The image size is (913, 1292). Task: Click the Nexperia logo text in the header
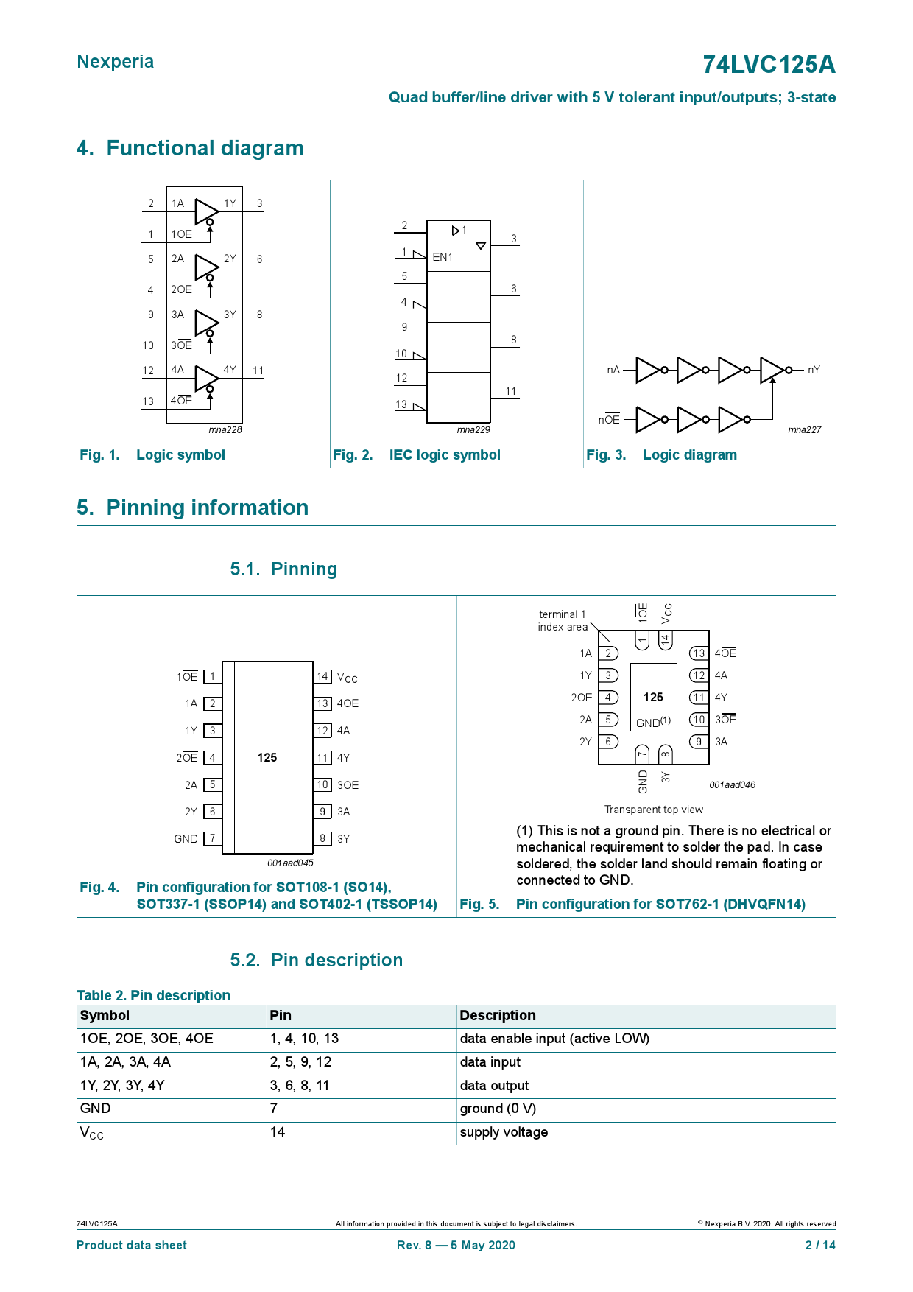116,62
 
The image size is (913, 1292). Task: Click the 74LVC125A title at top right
768,65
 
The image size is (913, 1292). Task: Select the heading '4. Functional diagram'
190,148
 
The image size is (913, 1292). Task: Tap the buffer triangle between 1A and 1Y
205,211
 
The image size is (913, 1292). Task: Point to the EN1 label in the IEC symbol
443,257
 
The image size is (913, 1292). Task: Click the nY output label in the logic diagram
814,370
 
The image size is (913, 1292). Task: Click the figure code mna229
473,430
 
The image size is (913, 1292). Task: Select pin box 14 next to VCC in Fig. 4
322,676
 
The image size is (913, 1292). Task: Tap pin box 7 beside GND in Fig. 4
212,838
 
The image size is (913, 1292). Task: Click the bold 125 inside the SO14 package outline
267,757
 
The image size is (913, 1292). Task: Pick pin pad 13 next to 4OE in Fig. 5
699,653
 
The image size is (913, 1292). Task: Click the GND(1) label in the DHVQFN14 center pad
653,723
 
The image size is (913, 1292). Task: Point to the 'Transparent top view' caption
654,810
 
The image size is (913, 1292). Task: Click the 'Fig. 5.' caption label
479,904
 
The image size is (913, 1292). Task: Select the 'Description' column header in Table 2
498,1015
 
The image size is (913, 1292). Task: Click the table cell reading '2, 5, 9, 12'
300,1061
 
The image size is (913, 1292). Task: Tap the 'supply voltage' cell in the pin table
504,1131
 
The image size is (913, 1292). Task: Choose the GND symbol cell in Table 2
95,1108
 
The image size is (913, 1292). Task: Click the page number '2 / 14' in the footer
820,1245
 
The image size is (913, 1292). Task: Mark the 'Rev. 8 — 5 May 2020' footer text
456,1245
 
